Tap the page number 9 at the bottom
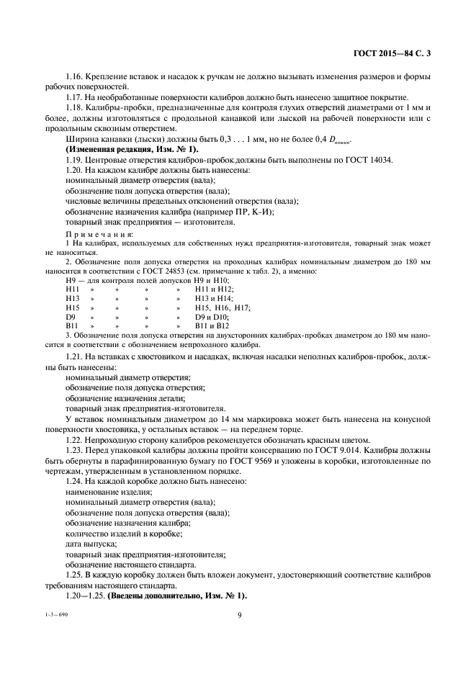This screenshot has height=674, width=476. tap(238, 615)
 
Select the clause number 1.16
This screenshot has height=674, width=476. tap(75, 77)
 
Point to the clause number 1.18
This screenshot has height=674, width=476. tap(75, 108)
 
